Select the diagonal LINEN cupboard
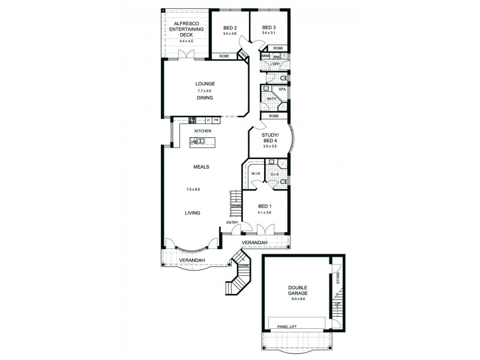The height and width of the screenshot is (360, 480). (244, 55)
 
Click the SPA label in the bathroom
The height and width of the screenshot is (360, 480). (281, 89)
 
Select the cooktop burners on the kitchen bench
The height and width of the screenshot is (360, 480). (193, 119)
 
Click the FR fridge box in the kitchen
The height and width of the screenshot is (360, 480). (215, 120)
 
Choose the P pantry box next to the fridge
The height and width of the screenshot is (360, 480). (208, 120)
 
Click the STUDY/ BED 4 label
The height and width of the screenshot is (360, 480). (269, 139)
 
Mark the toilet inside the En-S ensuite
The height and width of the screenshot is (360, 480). (284, 181)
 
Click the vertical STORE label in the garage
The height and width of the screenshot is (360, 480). (338, 278)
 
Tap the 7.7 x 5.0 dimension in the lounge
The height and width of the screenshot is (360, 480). (205, 90)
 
